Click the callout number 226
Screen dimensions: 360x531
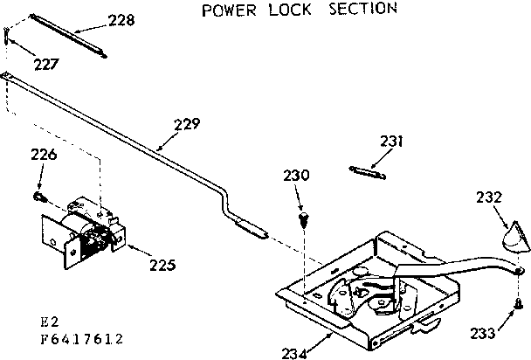(44, 156)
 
